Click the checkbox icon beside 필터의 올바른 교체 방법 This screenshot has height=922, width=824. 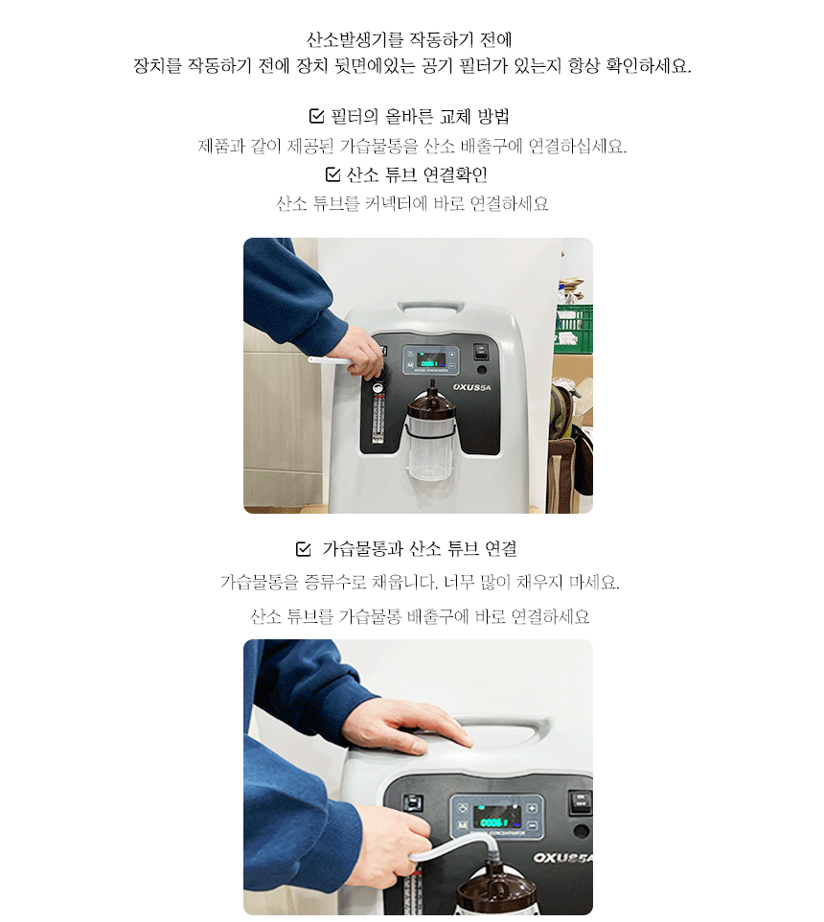(316, 116)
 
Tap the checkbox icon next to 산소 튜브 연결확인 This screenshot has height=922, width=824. (332, 174)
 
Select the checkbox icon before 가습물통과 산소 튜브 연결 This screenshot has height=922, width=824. (304, 548)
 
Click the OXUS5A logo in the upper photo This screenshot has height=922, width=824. (471, 387)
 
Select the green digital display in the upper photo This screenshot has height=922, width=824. (431, 359)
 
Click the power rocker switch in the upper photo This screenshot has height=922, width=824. (481, 351)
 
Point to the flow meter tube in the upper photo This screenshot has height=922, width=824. (378, 415)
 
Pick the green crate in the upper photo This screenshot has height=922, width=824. (574, 327)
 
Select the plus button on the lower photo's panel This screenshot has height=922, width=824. (532, 807)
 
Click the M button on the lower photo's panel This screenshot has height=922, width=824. (463, 825)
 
